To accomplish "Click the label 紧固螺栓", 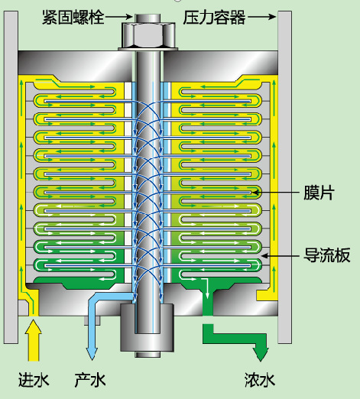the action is tap(73, 18).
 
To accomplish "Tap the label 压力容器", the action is tap(214, 18).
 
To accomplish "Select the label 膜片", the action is tap(319, 193).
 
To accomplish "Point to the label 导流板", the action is tap(326, 255).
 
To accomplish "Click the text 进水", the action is tap(34, 380).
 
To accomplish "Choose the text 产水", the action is tap(90, 380).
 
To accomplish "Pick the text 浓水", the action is tap(260, 380).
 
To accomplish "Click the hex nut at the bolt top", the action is tap(148, 35).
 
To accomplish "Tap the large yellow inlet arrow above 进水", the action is tap(34, 340).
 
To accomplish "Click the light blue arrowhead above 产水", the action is tap(92, 354).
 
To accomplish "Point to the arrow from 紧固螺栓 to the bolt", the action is tap(119, 18).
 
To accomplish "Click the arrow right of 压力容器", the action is tap(262, 17).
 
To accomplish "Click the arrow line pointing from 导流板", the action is tap(281, 255).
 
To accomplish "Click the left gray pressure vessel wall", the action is tap(11, 177).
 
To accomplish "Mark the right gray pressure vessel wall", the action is tap(284, 177).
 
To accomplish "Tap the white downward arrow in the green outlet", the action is tap(207, 288).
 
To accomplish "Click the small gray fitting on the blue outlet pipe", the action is tap(92, 320).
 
